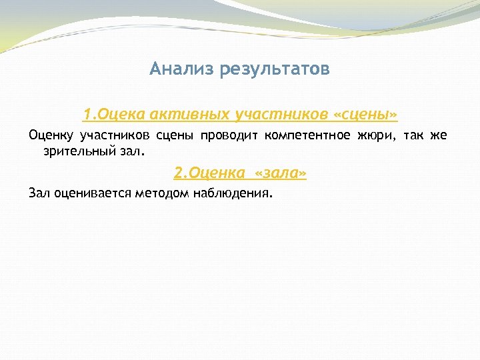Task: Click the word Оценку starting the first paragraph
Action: (51, 137)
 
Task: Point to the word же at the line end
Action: (438, 137)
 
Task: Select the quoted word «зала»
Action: (281, 173)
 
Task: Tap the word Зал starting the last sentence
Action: (39, 193)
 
